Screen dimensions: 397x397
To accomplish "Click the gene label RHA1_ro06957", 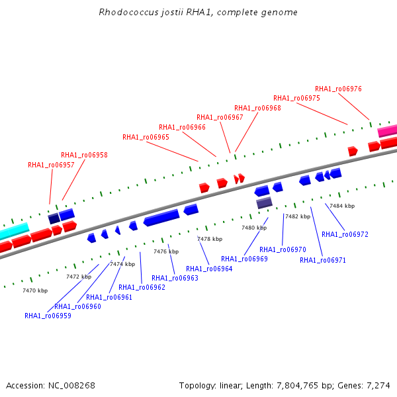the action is coord(51,165).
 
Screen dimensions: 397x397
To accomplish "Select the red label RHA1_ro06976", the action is coord(338,89).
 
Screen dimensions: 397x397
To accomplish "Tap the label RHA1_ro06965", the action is coord(146,137).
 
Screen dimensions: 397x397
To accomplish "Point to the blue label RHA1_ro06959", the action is coord(48,316).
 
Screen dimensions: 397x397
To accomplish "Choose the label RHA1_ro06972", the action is coord(345,234).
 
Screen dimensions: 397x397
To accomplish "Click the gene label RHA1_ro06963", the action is coord(175,279).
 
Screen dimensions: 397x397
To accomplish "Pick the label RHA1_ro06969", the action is coord(244,259).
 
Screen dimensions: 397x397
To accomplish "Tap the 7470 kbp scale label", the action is coord(35,290).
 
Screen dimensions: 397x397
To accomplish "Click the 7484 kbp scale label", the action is coord(342,206).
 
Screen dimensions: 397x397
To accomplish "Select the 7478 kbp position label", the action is coord(210,239).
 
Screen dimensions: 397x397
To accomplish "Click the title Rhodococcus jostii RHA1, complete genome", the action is coord(198,12).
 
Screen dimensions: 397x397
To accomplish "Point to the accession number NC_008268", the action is coord(71,386).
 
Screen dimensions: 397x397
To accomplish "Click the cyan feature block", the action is coord(14,231).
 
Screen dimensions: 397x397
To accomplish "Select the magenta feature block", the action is coord(387,131).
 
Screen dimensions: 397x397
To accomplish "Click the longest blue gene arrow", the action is coord(161,218).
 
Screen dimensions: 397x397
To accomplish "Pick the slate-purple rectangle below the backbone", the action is coord(264,203).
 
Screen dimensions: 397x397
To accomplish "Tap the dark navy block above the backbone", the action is coord(54,218).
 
